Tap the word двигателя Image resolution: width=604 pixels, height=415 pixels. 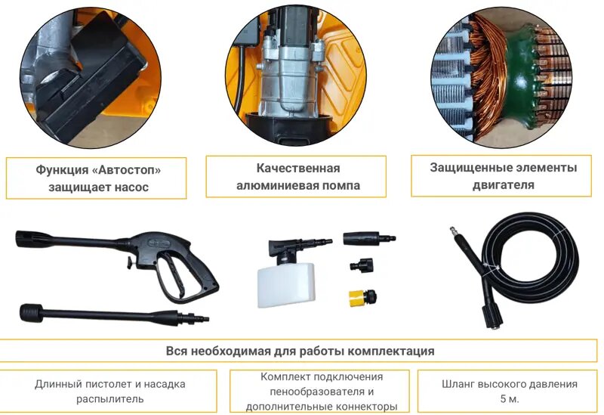pos(503,184)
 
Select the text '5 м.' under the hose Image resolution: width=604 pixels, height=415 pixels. pos(504,399)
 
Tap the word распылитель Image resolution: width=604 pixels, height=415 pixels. pos(109,398)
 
